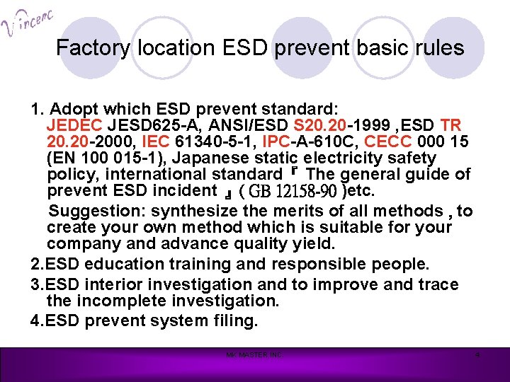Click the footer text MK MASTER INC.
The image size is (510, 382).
(x=254, y=355)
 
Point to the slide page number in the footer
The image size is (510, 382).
(x=477, y=355)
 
